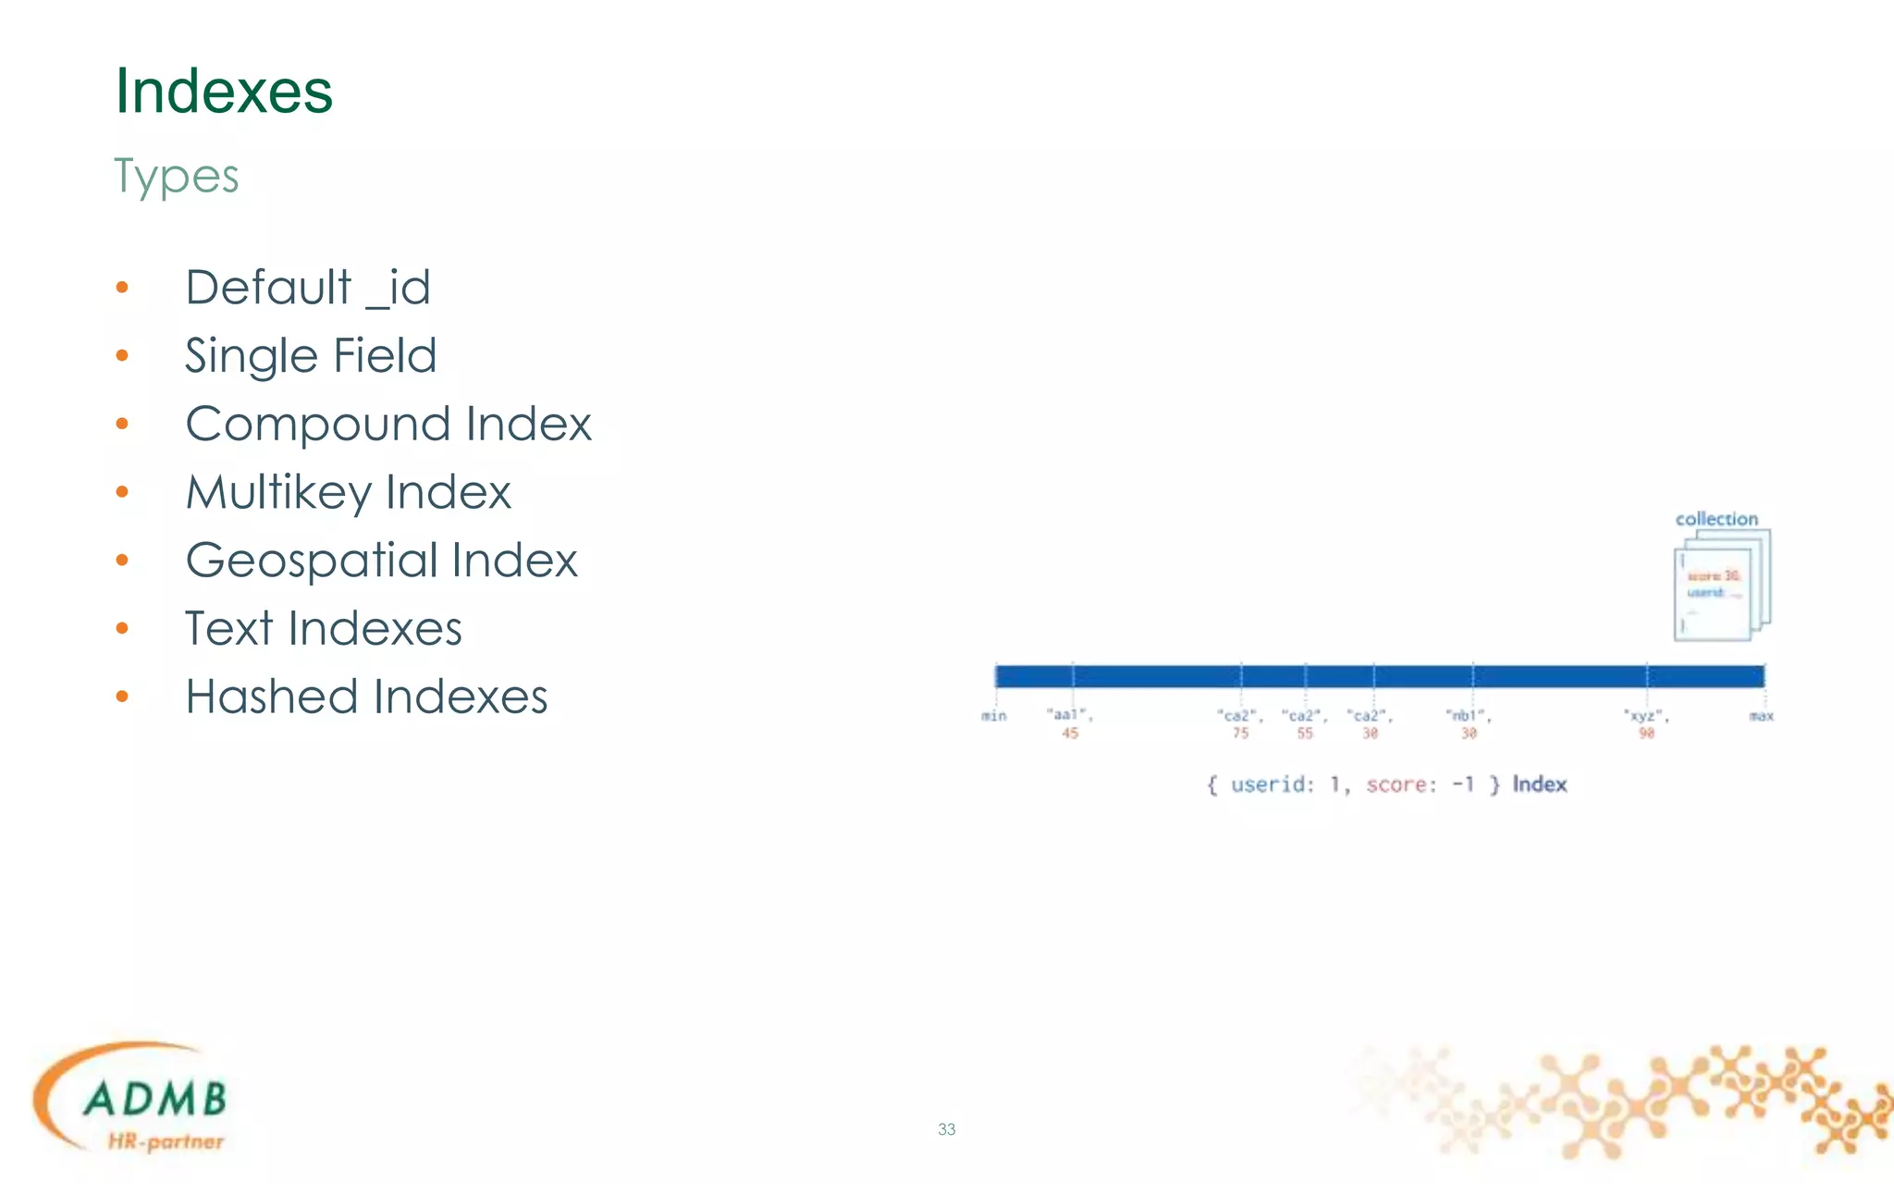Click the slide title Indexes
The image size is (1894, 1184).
click(223, 92)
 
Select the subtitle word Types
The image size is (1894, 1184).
click(176, 176)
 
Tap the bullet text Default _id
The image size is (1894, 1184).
click(308, 287)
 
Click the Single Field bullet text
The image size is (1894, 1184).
click(311, 355)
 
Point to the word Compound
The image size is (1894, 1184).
click(318, 424)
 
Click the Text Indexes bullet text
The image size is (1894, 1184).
click(323, 629)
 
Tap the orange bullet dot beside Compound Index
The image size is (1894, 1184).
click(122, 425)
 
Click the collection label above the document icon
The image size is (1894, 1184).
click(1716, 519)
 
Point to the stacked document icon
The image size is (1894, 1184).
click(1720, 586)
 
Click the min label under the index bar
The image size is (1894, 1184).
click(994, 716)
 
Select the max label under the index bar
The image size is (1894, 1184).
click(1762, 716)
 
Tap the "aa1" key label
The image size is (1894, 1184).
click(1068, 715)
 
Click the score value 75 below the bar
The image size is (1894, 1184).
click(1240, 734)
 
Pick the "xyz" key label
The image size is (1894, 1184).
click(1644, 715)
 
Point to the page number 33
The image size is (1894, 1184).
click(947, 1129)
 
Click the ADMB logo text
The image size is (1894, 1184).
click(154, 1099)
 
